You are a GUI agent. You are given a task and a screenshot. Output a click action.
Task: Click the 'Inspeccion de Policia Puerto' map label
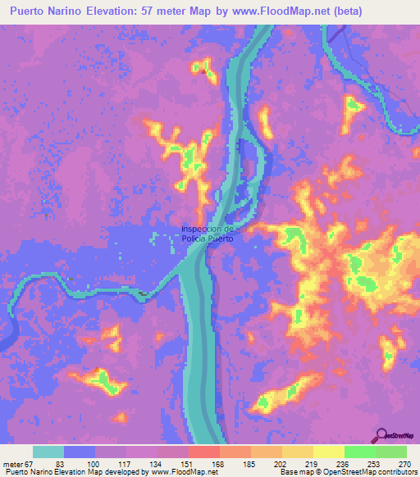click(x=208, y=233)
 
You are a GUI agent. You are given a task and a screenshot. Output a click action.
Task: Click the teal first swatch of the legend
click(x=48, y=452)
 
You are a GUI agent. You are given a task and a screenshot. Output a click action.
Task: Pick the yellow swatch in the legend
click(x=328, y=452)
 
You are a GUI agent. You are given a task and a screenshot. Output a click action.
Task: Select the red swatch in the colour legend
click(x=203, y=452)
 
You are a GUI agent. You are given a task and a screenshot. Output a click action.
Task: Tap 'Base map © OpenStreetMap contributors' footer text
click(x=348, y=473)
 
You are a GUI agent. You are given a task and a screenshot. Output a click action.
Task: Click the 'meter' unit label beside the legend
click(x=13, y=464)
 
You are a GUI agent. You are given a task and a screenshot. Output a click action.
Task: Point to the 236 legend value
click(x=329, y=464)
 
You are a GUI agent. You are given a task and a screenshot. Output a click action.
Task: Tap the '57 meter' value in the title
click(x=180, y=11)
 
